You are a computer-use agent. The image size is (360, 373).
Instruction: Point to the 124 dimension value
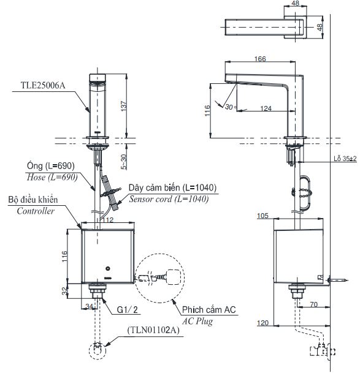click(265, 108)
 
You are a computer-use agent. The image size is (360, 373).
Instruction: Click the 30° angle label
click(229, 106)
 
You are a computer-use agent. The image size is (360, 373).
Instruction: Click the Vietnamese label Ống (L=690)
click(50, 166)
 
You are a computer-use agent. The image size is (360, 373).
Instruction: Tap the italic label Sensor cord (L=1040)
click(168, 198)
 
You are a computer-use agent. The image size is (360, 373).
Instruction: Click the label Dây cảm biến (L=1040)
click(172, 188)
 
